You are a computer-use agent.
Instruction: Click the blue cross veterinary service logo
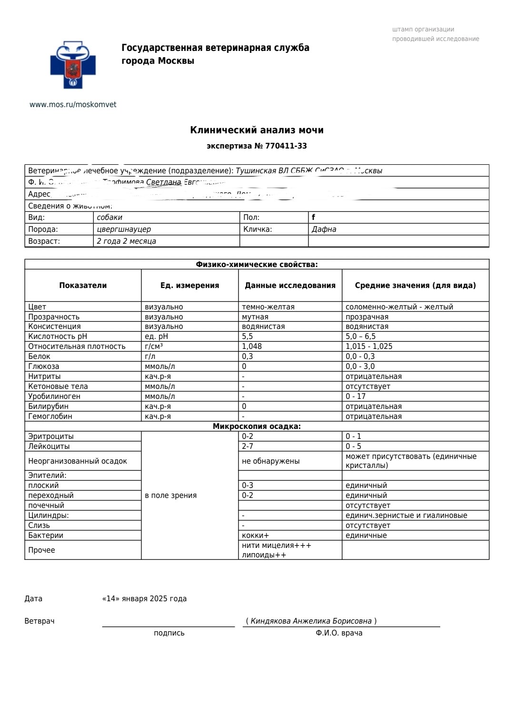(x=73, y=65)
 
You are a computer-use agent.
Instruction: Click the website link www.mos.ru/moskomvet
(x=73, y=105)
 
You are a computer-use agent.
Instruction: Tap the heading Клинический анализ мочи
(x=257, y=130)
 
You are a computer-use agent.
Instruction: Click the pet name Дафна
(x=324, y=229)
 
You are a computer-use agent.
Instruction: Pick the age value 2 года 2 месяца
(x=126, y=241)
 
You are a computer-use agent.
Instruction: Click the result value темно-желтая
(x=268, y=307)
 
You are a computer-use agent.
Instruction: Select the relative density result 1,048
(x=252, y=347)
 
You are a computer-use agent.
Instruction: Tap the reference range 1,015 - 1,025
(x=369, y=347)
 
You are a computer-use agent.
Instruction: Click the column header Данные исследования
(x=290, y=286)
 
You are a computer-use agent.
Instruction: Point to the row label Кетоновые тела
(x=58, y=387)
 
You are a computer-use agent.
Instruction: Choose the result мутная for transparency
(x=255, y=317)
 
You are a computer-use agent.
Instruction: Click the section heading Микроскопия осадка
(x=257, y=427)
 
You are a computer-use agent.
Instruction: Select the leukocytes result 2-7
(x=247, y=447)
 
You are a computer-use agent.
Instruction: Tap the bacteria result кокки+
(x=255, y=536)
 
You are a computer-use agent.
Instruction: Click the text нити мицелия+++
(x=276, y=546)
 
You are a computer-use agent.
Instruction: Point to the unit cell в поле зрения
(x=170, y=496)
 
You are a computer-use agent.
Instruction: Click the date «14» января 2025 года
(x=144, y=599)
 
